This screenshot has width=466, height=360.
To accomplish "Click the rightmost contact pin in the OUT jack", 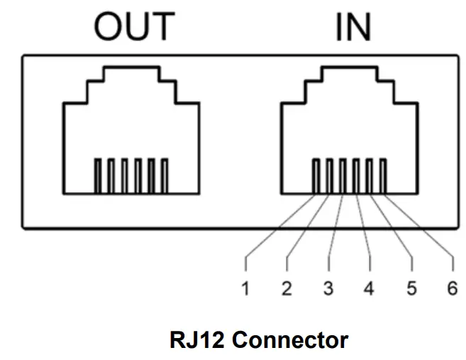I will click(165, 175).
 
